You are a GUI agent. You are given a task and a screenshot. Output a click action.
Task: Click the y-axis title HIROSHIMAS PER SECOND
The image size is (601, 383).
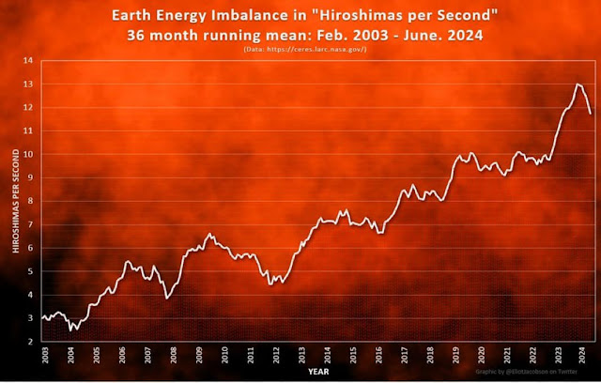click(13, 202)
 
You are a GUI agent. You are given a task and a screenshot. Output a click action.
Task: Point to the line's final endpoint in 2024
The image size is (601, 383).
click(591, 113)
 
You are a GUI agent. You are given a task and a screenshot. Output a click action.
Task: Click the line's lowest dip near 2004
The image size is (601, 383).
click(72, 330)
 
